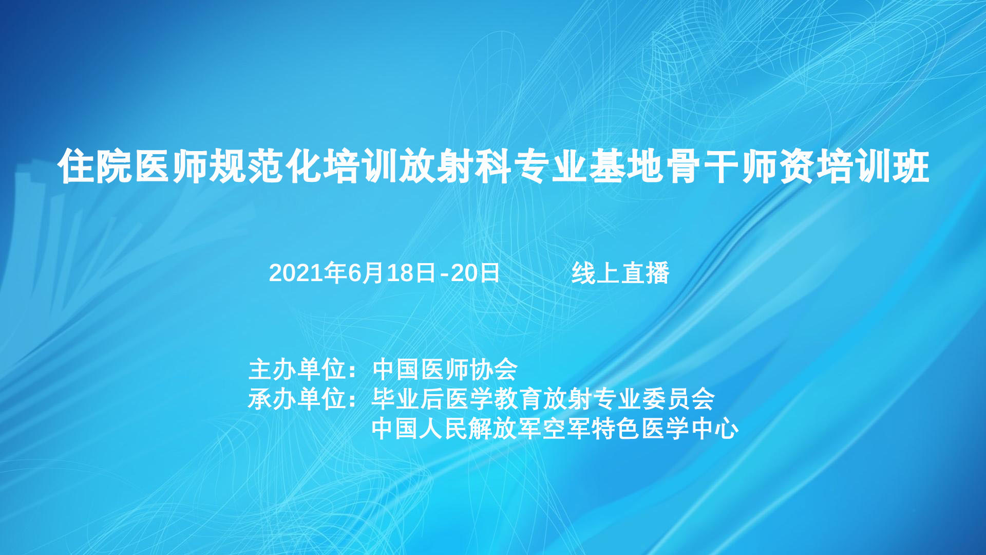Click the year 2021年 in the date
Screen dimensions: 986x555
[308, 273]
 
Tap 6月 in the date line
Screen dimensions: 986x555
[366, 273]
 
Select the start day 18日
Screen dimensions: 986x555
[412, 273]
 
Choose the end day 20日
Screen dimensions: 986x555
[475, 273]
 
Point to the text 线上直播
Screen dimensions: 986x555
[620, 273]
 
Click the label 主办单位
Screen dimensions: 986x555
[297, 369]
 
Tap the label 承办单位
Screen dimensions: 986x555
[297, 399]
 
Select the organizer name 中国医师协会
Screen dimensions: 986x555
[445, 369]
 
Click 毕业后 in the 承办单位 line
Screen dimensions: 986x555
[408, 399]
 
